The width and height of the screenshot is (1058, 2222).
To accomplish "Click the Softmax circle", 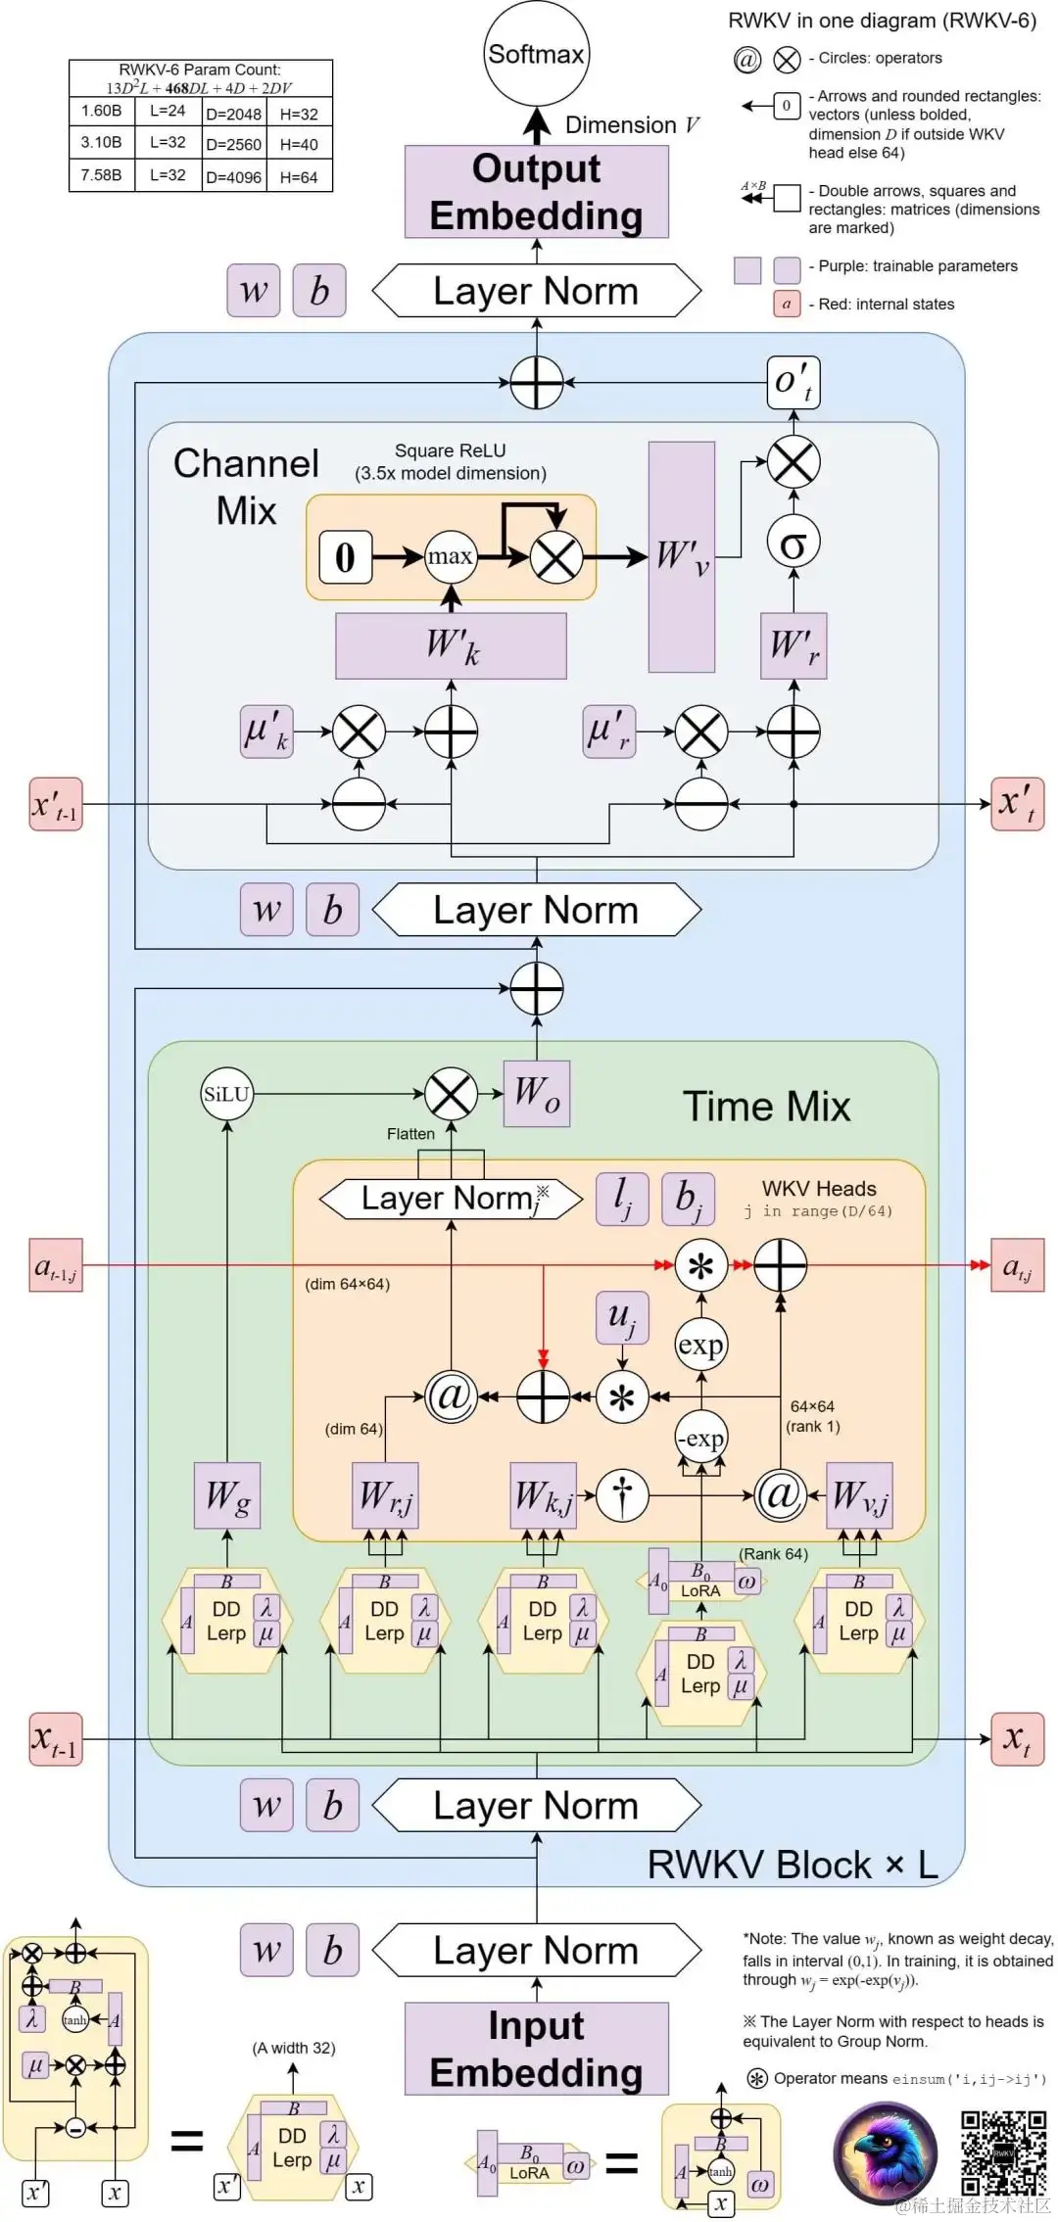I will [536, 54].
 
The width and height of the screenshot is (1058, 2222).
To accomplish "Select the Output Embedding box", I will [536, 192].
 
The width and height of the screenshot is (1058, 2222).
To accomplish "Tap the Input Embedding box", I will [536, 2049].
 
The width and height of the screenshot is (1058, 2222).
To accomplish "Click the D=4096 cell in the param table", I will [233, 177].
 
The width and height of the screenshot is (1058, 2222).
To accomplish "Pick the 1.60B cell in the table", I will [102, 111].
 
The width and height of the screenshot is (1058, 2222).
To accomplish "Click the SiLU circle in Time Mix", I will [226, 1094].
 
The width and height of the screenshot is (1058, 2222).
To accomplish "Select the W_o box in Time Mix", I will [536, 1093].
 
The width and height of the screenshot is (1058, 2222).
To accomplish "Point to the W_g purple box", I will [227, 1495].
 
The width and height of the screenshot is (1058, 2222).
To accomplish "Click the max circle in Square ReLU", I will [451, 556].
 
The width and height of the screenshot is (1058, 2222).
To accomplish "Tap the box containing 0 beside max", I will [345, 556].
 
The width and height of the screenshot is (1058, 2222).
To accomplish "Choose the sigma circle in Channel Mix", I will [793, 543].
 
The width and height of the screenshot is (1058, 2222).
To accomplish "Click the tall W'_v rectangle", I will [681, 556].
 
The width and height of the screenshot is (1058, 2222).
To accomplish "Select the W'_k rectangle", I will [451, 645].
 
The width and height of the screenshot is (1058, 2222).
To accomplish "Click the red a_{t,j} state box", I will [1017, 1265].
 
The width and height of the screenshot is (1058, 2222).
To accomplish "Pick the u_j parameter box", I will [622, 1317].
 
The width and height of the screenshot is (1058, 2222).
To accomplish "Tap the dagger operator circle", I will [622, 1495].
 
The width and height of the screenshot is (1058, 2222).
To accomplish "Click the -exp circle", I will [701, 1438].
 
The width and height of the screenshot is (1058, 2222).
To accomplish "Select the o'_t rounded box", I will [793, 381].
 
